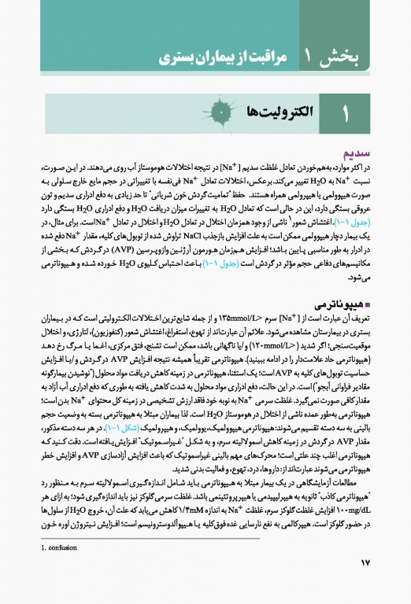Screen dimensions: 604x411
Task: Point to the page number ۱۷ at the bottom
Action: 369,583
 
